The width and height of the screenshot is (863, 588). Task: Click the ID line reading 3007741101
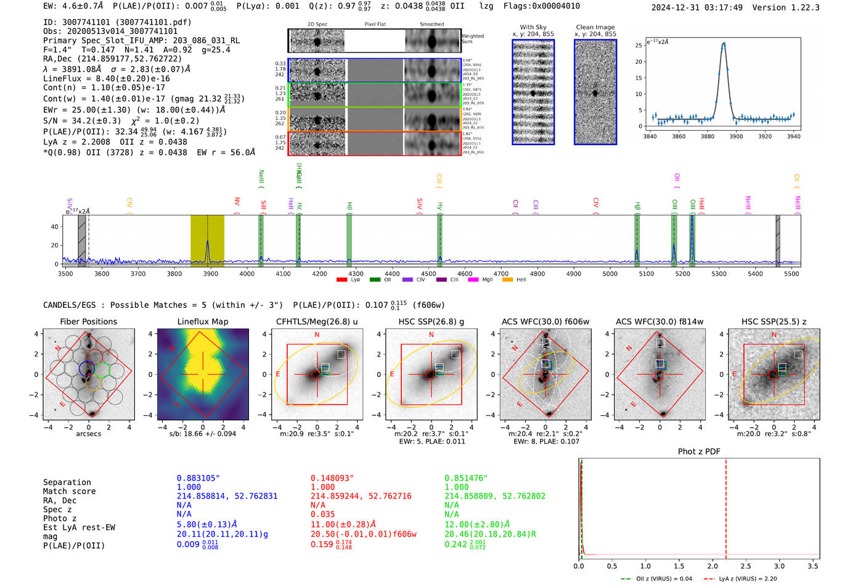(117, 22)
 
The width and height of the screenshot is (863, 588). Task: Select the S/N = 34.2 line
(121, 121)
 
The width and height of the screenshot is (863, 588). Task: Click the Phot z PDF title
(699, 452)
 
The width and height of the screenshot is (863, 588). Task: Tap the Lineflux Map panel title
(202, 321)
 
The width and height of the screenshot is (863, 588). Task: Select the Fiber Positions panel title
(88, 321)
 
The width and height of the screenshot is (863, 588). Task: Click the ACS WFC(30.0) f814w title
(660, 321)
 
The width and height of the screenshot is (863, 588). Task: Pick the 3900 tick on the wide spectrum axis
(211, 274)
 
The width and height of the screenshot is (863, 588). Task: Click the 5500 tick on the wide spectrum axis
(791, 274)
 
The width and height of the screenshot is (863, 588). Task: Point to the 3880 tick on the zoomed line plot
(707, 136)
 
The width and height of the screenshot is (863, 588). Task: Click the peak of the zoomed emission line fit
(724, 43)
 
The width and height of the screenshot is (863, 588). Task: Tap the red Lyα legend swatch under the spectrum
(342, 280)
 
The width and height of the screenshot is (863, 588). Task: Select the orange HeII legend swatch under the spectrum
(507, 280)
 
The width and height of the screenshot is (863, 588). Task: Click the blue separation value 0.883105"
(198, 478)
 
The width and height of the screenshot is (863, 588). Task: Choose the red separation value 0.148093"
(332, 478)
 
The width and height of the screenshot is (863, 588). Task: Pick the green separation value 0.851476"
(466, 478)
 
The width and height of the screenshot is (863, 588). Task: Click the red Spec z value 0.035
(322, 514)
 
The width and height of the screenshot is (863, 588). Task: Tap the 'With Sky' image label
(533, 27)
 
